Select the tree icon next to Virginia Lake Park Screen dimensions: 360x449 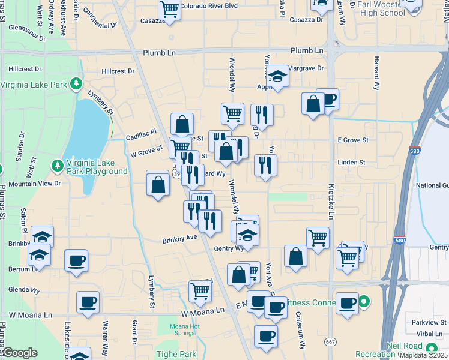click(76, 84)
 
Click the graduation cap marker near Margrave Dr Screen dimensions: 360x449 click(277, 76)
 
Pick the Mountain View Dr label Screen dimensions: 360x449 click(35, 183)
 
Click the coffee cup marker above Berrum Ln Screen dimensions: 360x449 click(76, 261)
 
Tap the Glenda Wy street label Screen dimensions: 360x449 click(24, 290)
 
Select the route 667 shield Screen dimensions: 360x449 click(330, 341)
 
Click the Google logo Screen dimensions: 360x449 click(19, 353)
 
